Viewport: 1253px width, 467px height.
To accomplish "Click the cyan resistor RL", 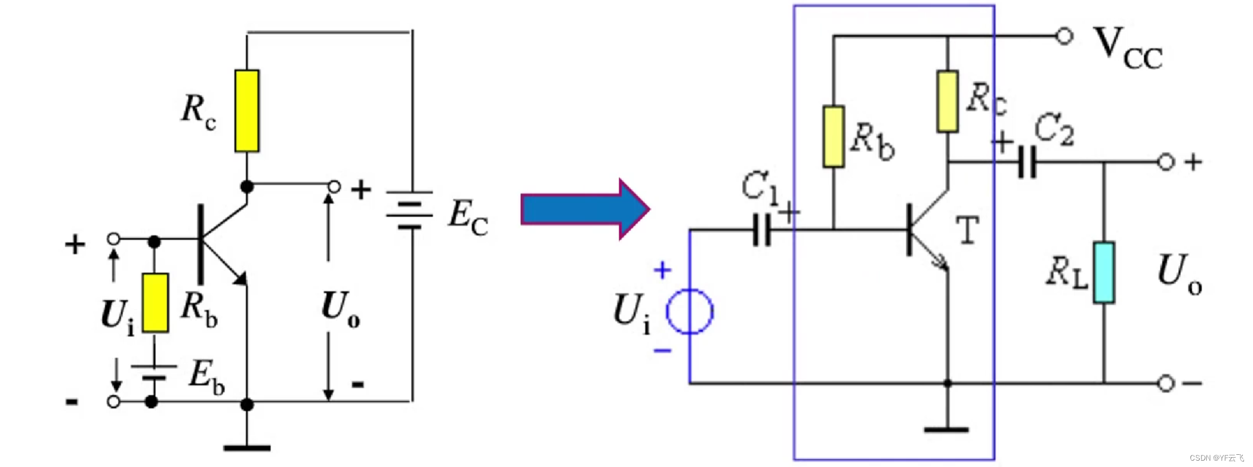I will click(1104, 272).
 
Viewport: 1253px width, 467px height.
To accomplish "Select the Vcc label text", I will click(1128, 49).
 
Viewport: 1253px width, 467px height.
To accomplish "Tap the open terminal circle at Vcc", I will click(1064, 36).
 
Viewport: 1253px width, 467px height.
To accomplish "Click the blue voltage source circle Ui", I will click(689, 311).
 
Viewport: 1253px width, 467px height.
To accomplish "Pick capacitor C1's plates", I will click(762, 230).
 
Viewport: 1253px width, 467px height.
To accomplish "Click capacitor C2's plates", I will click(1027, 162).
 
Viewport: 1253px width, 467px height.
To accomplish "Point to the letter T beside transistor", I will click(967, 230).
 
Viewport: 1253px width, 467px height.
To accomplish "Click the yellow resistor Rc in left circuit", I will click(247, 111).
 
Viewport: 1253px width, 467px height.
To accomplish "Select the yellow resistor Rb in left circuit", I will click(155, 302).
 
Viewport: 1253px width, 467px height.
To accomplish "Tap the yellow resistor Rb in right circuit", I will click(833, 137).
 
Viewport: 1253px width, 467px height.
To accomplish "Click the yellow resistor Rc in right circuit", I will click(947, 101).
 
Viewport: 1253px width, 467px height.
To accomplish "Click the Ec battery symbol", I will click(410, 210).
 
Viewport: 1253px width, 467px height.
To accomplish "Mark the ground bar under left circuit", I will click(247, 448).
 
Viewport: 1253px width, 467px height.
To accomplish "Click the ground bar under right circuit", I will click(946, 430).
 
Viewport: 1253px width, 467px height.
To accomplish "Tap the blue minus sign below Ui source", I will click(662, 351).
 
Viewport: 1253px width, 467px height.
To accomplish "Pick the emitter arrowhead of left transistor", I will click(240, 279).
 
